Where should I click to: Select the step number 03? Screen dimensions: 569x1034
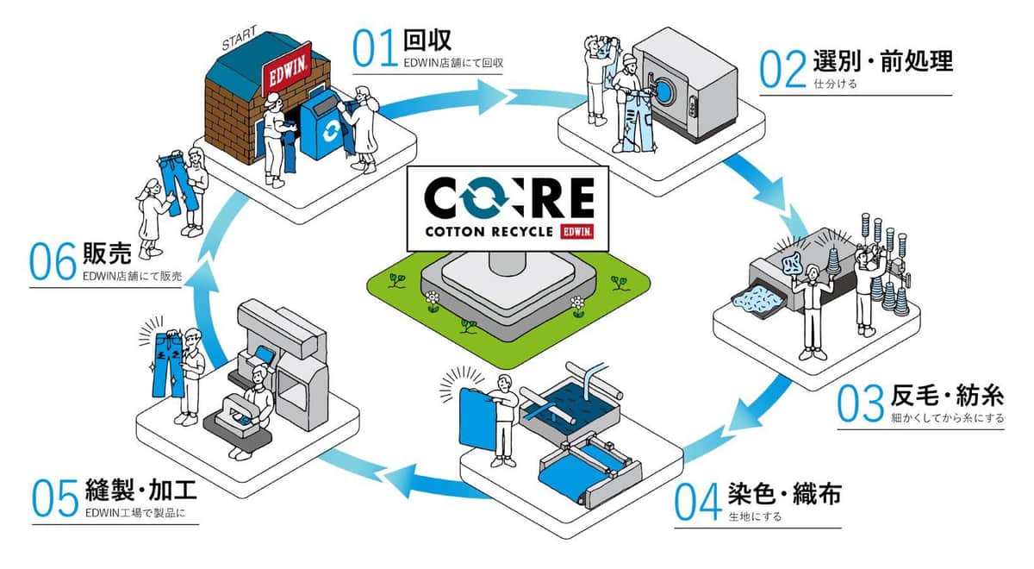click(860, 403)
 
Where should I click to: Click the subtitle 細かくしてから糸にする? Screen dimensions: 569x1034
click(947, 418)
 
